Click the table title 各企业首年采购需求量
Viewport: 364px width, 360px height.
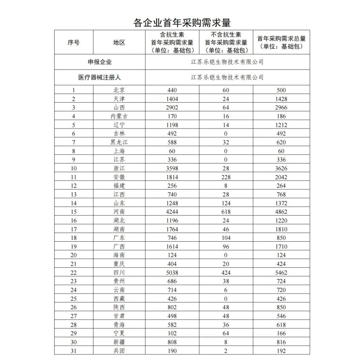click(182, 23)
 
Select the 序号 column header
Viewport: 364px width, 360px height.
click(73, 42)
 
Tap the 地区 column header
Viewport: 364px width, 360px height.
click(119, 42)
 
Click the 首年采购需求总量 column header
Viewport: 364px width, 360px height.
click(281, 42)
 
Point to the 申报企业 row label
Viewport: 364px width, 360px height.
click(100, 62)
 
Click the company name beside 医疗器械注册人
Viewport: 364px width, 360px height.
click(227, 77)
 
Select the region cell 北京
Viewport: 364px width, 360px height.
click(119, 90)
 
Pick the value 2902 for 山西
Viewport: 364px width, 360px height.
click(172, 108)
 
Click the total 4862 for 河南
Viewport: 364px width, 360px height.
click(281, 212)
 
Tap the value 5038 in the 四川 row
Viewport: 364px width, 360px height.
click(172, 272)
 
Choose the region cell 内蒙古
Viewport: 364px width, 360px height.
click(119, 116)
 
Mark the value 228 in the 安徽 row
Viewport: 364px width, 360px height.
click(226, 177)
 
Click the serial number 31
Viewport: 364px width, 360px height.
click(73, 351)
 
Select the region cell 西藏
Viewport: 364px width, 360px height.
click(119, 299)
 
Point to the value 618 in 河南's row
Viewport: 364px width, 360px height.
click(226, 212)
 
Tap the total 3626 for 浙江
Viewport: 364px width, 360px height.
click(281, 168)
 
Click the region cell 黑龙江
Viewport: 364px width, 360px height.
click(119, 142)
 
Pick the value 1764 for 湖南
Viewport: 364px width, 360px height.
click(172, 229)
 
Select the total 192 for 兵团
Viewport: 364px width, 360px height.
click(281, 351)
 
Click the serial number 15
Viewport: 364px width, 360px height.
click(73, 212)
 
